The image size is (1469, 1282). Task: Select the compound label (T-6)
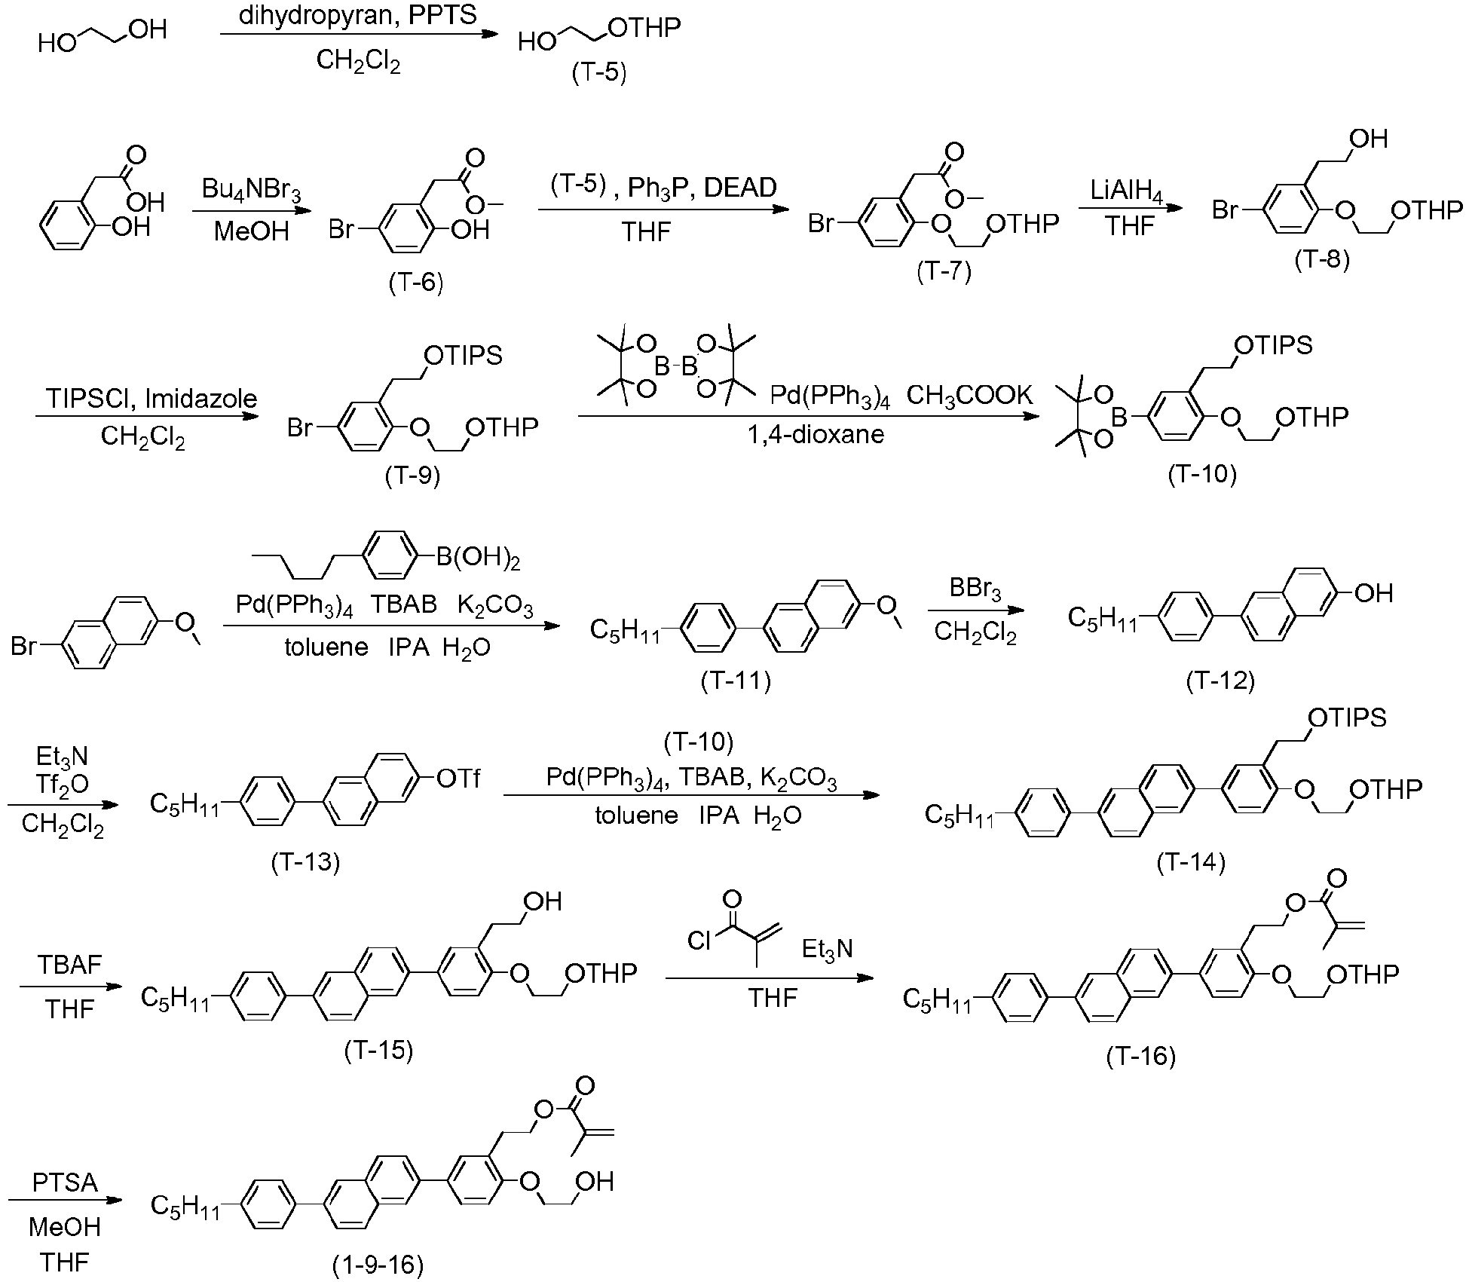pyautogui.click(x=416, y=282)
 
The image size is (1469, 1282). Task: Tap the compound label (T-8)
pyautogui.click(x=1322, y=259)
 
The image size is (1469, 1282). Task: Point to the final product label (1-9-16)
pyautogui.click(x=378, y=1264)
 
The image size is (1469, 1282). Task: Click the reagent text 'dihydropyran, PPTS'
pyautogui.click(x=358, y=16)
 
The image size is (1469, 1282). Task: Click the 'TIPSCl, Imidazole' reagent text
pyautogui.click(x=151, y=398)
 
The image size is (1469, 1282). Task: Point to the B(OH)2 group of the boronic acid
pyautogui.click(x=477, y=558)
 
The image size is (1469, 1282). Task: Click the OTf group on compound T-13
pyautogui.click(x=458, y=778)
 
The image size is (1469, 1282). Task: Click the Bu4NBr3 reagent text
pyautogui.click(x=251, y=189)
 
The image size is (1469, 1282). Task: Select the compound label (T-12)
pyautogui.click(x=1220, y=681)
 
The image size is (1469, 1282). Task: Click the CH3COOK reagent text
pyautogui.click(x=969, y=395)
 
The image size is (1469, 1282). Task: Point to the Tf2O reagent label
pyautogui.click(x=62, y=785)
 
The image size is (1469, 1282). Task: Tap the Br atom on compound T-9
pyautogui.click(x=299, y=427)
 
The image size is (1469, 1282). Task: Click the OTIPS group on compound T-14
pyautogui.click(x=1347, y=717)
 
